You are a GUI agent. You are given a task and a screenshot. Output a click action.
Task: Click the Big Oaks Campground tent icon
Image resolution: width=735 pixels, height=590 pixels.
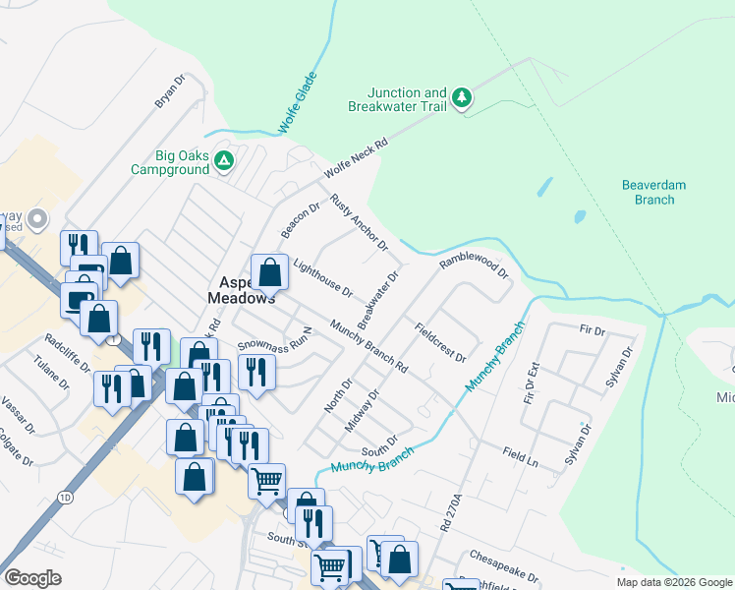[x=224, y=160]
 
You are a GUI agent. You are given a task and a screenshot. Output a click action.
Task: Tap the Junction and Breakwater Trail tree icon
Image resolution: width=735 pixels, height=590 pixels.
[x=461, y=98]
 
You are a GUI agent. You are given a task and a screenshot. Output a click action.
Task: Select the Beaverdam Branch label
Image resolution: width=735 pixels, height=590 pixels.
[x=653, y=192]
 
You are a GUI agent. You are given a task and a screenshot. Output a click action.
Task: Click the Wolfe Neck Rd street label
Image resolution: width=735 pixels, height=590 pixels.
[x=357, y=157]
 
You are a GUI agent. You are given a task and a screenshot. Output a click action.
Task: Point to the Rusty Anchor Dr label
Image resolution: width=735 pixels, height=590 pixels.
[x=359, y=221]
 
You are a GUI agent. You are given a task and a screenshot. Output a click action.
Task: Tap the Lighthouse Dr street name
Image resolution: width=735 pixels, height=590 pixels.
[x=322, y=278]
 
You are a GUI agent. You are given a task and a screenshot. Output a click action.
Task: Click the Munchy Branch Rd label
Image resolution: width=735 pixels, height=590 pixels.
[x=368, y=345]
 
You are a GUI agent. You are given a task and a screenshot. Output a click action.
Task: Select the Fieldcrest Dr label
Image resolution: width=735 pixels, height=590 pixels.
[x=439, y=342]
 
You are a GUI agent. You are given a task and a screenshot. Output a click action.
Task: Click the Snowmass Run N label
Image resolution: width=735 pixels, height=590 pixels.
[x=274, y=340]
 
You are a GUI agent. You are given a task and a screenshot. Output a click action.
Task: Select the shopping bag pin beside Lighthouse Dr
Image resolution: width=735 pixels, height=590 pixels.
[x=269, y=271]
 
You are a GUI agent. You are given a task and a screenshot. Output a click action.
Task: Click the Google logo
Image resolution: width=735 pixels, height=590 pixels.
[x=32, y=577]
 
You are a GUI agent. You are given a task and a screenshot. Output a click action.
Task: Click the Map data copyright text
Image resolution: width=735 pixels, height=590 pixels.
[x=673, y=582]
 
